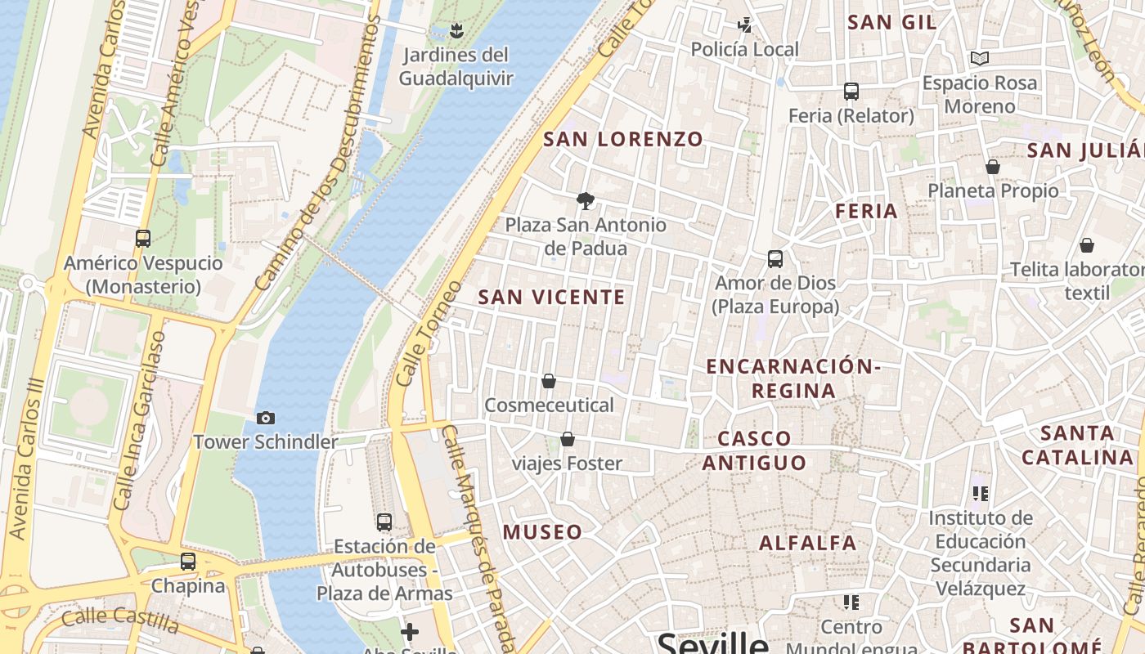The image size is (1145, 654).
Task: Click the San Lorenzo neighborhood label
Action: tap(623, 139)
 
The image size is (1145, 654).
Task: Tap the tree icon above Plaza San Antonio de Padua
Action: tap(585, 200)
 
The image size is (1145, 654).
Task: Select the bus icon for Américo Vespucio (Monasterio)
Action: tap(143, 239)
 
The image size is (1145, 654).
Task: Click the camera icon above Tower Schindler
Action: tap(266, 418)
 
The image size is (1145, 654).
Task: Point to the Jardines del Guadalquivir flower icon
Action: tap(456, 32)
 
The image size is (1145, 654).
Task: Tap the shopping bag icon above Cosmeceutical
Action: tap(549, 381)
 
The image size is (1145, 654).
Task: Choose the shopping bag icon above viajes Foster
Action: tap(568, 440)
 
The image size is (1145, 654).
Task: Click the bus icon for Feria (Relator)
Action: tap(851, 91)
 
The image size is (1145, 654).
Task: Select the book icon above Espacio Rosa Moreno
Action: tap(980, 58)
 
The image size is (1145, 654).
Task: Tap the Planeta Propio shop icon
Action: tap(993, 167)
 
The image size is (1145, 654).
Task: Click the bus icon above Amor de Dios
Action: tap(775, 259)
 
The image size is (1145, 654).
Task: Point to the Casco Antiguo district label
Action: tap(754, 451)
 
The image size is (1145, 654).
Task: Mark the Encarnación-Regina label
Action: tap(793, 379)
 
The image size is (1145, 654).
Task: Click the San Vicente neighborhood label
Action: tap(551, 298)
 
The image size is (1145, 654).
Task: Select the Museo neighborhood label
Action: tap(542, 532)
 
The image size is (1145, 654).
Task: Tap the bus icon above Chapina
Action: tap(188, 562)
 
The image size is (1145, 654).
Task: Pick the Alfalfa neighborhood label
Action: tap(807, 543)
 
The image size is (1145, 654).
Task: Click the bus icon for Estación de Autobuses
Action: tap(384, 522)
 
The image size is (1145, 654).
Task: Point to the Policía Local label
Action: tap(744, 50)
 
